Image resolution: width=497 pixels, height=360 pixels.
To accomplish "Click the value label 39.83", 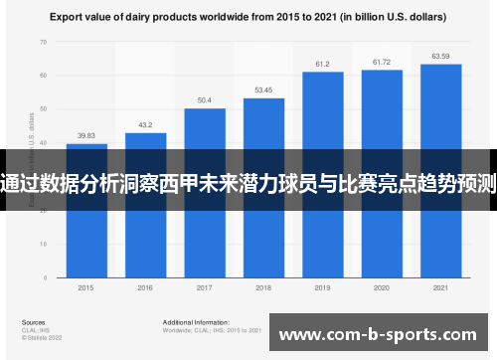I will point(86,136).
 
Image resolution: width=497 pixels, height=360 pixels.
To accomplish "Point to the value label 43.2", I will point(145,125).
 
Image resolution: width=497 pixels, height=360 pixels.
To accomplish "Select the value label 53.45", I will point(263,90).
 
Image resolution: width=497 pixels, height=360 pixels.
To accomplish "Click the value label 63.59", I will point(440,57).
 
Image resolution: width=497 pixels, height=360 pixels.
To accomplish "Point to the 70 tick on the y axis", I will point(44,43).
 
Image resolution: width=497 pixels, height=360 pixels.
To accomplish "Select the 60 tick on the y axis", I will point(44,76).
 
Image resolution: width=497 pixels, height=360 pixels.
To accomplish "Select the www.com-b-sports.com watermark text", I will point(380,336).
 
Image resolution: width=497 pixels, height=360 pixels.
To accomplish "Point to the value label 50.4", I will point(205,100).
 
